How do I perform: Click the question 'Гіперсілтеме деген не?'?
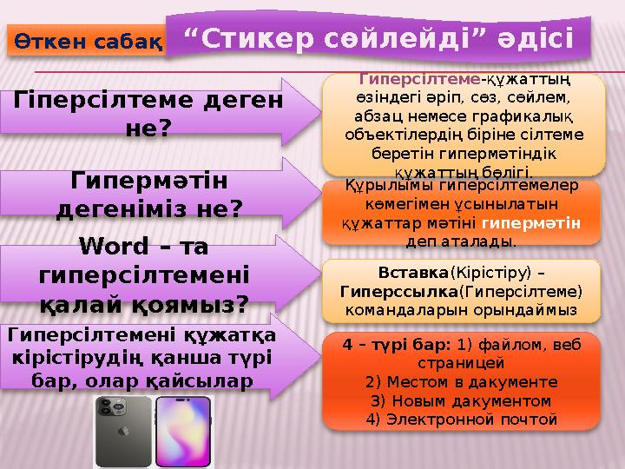coord(148,114)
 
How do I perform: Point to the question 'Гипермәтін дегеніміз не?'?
coord(148,195)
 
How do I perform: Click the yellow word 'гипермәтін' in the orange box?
coord(542,222)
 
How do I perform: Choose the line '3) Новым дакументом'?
coord(460,400)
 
